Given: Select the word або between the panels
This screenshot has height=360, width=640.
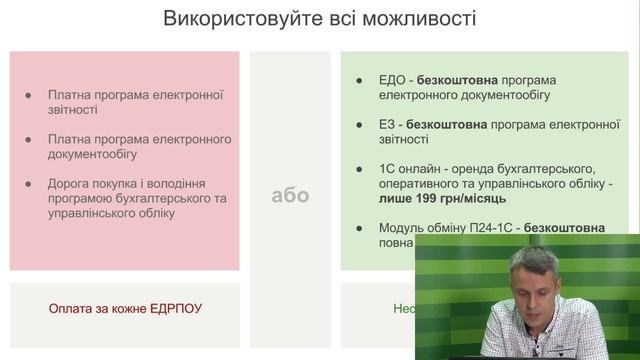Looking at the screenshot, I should click(x=290, y=195).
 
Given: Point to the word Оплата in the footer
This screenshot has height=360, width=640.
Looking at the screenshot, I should click(x=71, y=309).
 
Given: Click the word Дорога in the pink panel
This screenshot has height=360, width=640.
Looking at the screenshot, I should click(x=70, y=184).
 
